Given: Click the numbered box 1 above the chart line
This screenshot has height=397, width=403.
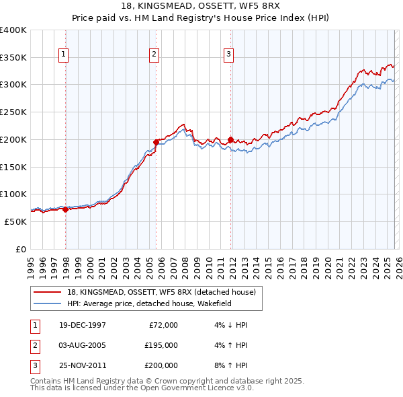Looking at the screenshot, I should coord(64,55).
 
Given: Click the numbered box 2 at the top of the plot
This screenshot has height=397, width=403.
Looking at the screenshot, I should coord(154,55).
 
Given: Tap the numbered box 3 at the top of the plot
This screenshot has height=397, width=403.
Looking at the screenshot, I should coord(229,55).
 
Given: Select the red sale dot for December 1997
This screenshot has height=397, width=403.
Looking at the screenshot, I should coord(65,209).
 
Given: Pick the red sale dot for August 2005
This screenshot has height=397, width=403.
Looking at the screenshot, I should coord(156,142).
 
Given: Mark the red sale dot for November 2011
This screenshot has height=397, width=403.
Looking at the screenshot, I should coord(230,140).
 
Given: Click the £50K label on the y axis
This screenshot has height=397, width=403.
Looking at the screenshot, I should coord(15,221).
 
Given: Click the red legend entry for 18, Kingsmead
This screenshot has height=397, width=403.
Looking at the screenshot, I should coord(161,293).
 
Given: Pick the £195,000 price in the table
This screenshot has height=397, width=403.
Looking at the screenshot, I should coord(161,345).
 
